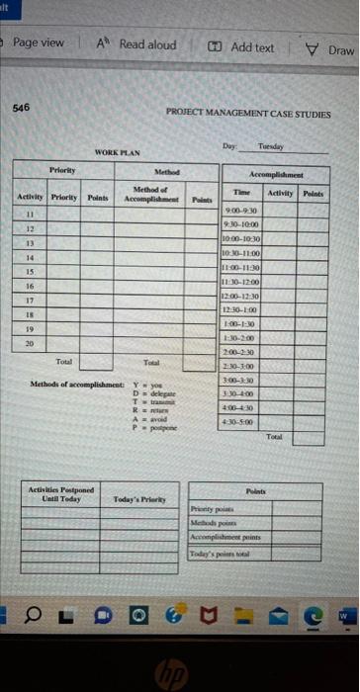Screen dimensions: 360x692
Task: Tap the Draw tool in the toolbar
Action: (331, 48)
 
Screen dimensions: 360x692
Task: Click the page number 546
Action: (21, 110)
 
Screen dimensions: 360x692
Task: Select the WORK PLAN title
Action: (118, 152)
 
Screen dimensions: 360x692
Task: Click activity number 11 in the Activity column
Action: (29, 213)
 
